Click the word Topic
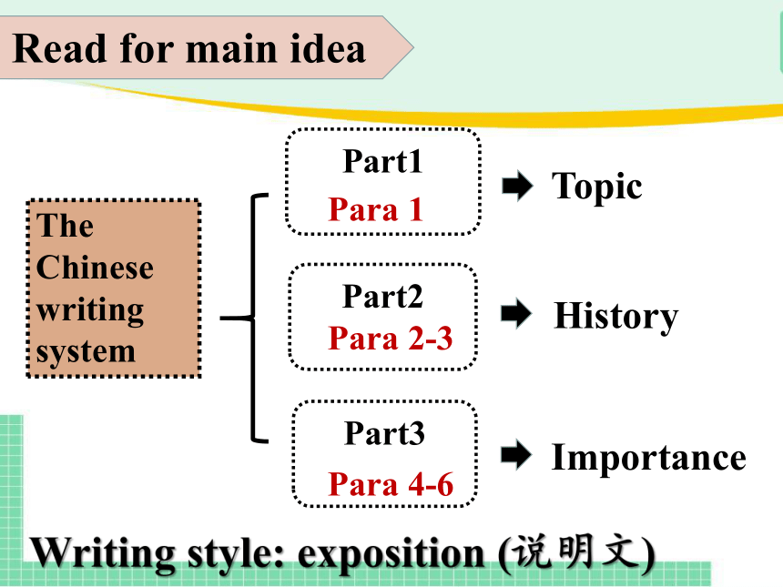coord(596,187)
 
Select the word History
coord(616,317)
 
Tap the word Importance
coord(648,457)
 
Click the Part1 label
coord(382,161)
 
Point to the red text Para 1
coord(376,209)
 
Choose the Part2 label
coord(382,297)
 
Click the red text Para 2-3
coord(391,339)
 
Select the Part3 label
coord(384,433)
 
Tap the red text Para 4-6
coord(391,484)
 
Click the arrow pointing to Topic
coord(517,186)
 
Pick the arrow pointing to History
coord(516,314)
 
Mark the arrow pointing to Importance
coord(516,455)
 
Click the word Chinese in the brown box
coord(95,268)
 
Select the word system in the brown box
coord(86,352)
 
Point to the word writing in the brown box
coord(90,310)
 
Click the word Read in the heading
coord(59,48)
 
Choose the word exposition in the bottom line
coord(391,554)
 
